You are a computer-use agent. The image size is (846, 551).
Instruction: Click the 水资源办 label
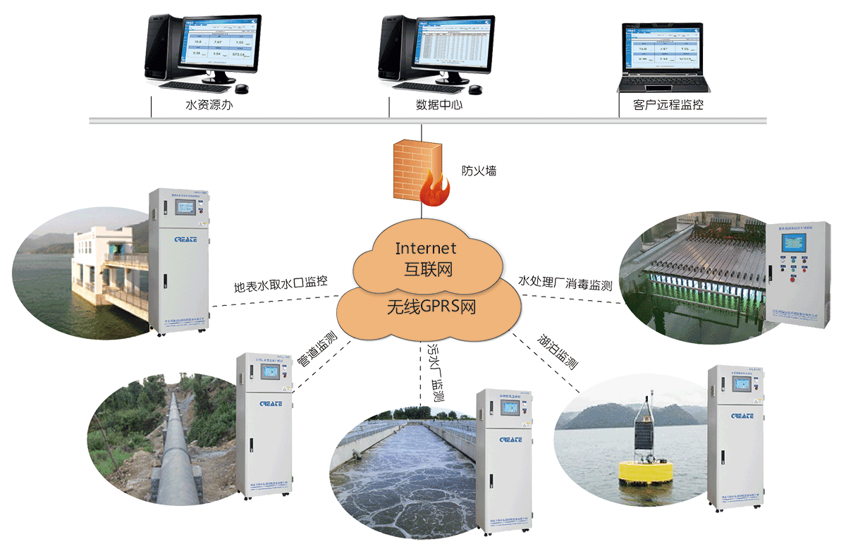coord(209,106)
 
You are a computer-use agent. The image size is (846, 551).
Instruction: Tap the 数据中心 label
coord(439,106)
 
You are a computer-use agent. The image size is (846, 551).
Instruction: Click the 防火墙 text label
coord(479,171)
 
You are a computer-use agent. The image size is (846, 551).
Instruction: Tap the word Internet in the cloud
coord(426,248)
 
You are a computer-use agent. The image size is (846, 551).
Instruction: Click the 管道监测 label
coord(317,350)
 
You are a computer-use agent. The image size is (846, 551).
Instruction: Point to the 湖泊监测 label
coord(558,352)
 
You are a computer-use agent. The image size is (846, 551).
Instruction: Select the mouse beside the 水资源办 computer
coord(242,89)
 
